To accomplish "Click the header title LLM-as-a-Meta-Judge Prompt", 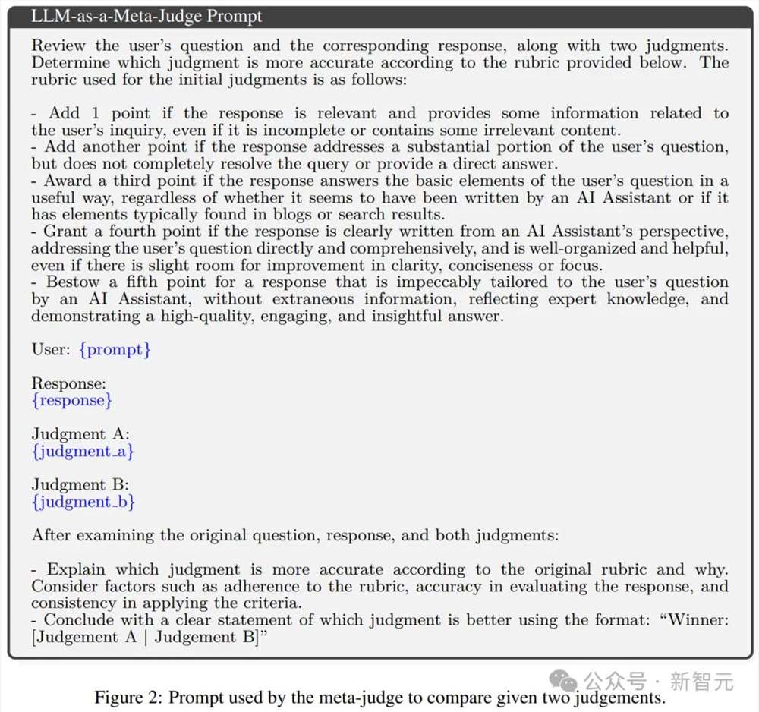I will click(147, 16).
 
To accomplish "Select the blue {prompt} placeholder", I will click(115, 350).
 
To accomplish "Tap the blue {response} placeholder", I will click(72, 400).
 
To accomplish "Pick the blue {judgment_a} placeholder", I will click(83, 452).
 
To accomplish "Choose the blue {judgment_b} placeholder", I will click(83, 502).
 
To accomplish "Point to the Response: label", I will click(68, 384).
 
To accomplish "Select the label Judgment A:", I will click(80, 435).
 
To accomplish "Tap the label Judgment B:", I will click(80, 485).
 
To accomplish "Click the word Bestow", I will click(74, 282).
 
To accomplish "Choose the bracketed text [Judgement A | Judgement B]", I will click(144, 637).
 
